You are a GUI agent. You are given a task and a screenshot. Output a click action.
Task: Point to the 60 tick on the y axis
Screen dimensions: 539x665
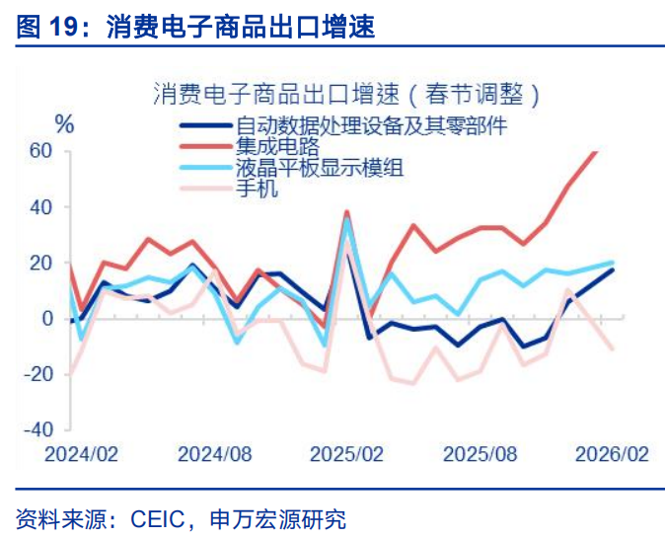pyautogui.click(x=40, y=151)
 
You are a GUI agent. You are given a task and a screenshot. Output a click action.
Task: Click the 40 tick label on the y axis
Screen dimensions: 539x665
pyautogui.click(x=40, y=207)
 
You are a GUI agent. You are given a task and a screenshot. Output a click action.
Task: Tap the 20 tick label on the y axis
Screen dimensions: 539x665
pyautogui.click(x=40, y=263)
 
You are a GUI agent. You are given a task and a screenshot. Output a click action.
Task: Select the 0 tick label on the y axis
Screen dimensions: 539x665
pyautogui.click(x=45, y=319)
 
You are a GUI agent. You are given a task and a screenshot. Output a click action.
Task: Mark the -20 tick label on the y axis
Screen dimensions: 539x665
pyautogui.click(x=37, y=374)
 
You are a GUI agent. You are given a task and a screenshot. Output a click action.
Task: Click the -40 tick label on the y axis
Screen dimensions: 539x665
pyautogui.click(x=37, y=430)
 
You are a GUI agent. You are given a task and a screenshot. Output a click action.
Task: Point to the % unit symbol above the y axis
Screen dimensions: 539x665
pyautogui.click(x=64, y=124)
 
